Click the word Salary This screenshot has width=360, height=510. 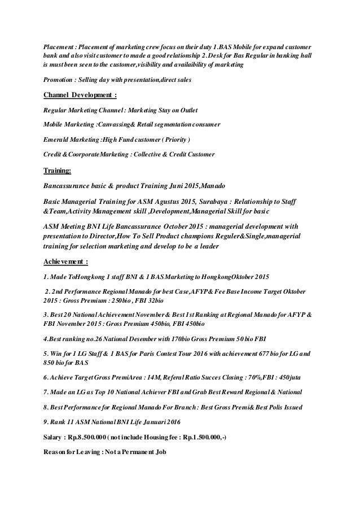55,437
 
